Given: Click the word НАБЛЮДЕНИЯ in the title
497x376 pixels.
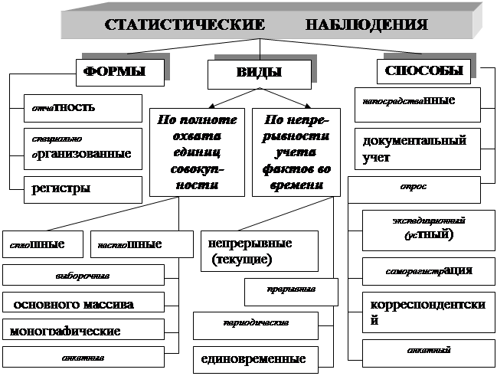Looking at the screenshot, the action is point(366,25).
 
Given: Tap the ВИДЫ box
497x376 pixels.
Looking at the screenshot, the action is point(260,74).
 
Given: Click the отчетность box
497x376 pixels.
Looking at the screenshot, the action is point(83,107).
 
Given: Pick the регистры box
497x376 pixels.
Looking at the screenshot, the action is point(83,188).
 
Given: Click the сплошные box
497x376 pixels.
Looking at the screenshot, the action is point(43,245).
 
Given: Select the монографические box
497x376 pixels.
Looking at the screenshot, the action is point(83,331).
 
